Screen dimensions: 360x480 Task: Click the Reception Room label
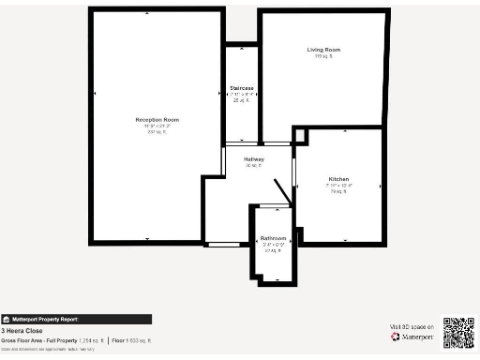[x=157, y=120]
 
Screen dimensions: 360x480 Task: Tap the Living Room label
[x=323, y=49]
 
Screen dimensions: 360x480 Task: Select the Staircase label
[x=242, y=88]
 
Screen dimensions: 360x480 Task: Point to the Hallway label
[x=254, y=159]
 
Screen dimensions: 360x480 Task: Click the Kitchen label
[x=338, y=178]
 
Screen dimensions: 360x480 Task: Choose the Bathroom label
[x=273, y=238]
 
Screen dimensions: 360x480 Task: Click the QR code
[x=458, y=332]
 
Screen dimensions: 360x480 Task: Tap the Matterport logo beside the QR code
[x=413, y=337]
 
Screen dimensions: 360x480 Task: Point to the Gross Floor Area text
[x=52, y=339]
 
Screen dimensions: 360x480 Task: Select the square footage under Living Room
[x=323, y=56]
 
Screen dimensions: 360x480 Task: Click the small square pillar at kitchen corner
[x=299, y=136]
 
